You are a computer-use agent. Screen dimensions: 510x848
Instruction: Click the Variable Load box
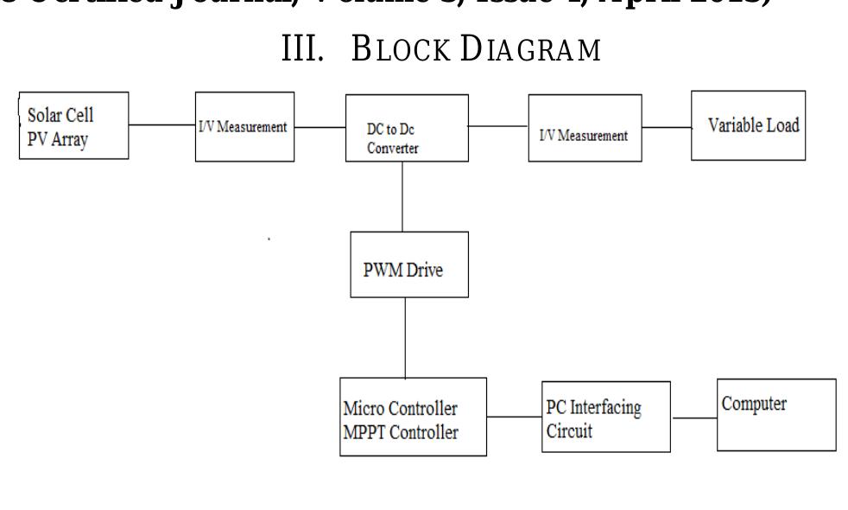pos(748,124)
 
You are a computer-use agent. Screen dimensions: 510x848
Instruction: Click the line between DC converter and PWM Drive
pos(402,197)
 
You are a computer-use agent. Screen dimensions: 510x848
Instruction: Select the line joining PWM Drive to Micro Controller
pos(404,337)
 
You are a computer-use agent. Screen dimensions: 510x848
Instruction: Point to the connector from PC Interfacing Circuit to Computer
pos(694,418)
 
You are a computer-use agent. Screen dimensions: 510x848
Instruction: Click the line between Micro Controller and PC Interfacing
pos(515,418)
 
